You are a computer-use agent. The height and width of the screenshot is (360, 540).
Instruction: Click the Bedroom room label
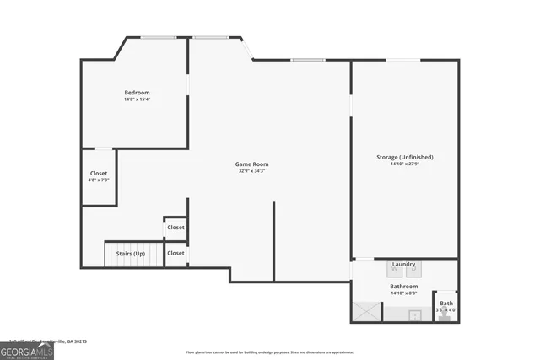point(137,92)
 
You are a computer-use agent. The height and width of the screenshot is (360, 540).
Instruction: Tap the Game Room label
point(253,164)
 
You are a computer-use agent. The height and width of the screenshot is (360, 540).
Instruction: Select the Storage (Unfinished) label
point(405,157)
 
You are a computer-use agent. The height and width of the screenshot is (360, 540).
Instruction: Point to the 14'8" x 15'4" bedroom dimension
point(137,99)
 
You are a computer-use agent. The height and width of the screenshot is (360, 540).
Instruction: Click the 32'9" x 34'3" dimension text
point(252,171)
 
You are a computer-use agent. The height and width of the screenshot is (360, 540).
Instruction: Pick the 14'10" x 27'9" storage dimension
point(405,164)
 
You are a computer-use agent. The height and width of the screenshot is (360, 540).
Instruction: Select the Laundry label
point(403,264)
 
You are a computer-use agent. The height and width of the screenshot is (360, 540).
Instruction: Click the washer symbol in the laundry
point(395,270)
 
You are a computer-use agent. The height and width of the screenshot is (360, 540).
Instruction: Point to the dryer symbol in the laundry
point(413,270)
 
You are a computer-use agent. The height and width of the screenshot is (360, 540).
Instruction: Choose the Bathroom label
point(403,286)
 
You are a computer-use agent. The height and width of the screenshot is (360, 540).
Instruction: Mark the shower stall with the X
point(366,312)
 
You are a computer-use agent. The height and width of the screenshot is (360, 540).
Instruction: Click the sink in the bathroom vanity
point(414,315)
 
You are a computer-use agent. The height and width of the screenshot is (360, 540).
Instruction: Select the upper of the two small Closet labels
point(175,228)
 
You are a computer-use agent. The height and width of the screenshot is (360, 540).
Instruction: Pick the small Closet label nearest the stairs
point(175,253)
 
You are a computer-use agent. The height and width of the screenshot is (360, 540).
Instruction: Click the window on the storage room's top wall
point(404,60)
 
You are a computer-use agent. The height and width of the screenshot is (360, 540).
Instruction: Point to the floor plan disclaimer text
point(270,352)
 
